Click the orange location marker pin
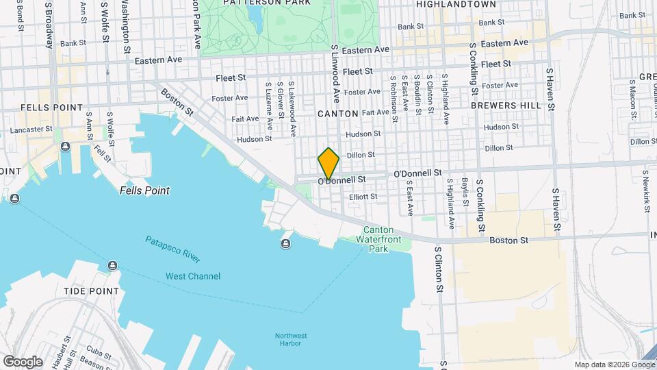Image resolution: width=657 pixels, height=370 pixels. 328,164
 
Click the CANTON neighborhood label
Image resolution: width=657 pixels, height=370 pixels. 338,113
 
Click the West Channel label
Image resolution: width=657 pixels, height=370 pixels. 193,276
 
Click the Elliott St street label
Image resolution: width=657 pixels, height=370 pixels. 363,197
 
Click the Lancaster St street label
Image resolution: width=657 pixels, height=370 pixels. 31,129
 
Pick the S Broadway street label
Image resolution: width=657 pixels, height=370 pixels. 49,25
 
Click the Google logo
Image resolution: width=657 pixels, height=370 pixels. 23,361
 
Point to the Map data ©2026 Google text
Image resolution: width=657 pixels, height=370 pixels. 614,365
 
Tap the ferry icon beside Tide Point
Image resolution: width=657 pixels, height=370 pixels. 112,266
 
